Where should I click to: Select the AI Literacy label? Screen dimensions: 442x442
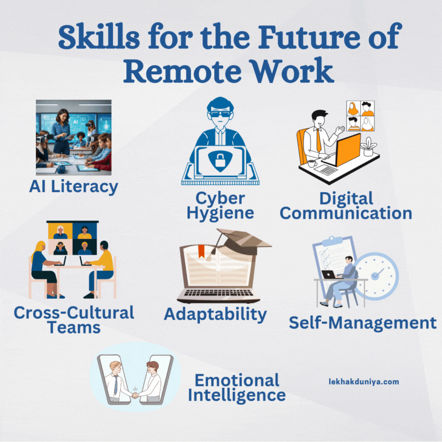(x=74, y=186)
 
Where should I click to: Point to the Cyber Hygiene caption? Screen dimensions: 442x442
(x=220, y=205)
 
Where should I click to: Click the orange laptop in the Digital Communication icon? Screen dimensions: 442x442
(x=347, y=149)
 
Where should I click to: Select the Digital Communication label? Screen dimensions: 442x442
(x=346, y=206)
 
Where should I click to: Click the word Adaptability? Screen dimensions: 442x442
(x=215, y=314)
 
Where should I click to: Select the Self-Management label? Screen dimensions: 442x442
(x=363, y=323)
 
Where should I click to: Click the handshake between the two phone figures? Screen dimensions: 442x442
(x=135, y=394)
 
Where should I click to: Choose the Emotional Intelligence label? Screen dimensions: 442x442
(x=237, y=387)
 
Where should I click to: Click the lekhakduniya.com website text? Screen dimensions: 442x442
(x=364, y=381)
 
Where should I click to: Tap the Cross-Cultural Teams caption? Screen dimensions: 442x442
(x=74, y=319)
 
